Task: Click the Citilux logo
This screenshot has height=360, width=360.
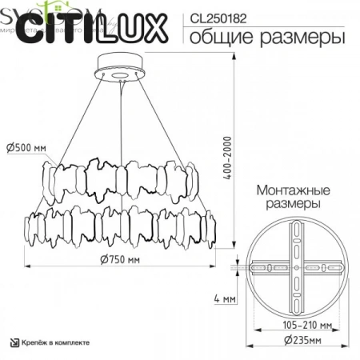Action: [92, 30]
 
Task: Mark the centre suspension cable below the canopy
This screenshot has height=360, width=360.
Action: [122, 120]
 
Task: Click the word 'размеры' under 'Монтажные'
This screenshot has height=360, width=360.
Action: [295, 205]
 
